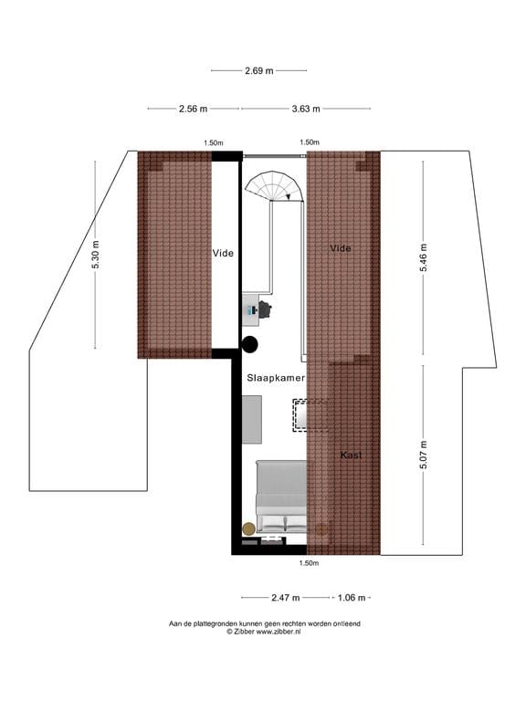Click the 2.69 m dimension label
tap(258, 70)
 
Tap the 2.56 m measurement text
tap(193, 109)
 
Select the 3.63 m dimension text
tap(306, 109)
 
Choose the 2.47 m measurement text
tap(286, 598)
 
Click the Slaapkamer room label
tap(275, 376)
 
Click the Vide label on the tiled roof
tap(341, 247)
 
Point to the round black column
tap(250, 344)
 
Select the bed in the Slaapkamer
tap(282, 496)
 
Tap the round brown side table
tap(248, 528)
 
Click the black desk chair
tap(267, 310)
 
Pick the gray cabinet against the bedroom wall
tap(252, 419)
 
